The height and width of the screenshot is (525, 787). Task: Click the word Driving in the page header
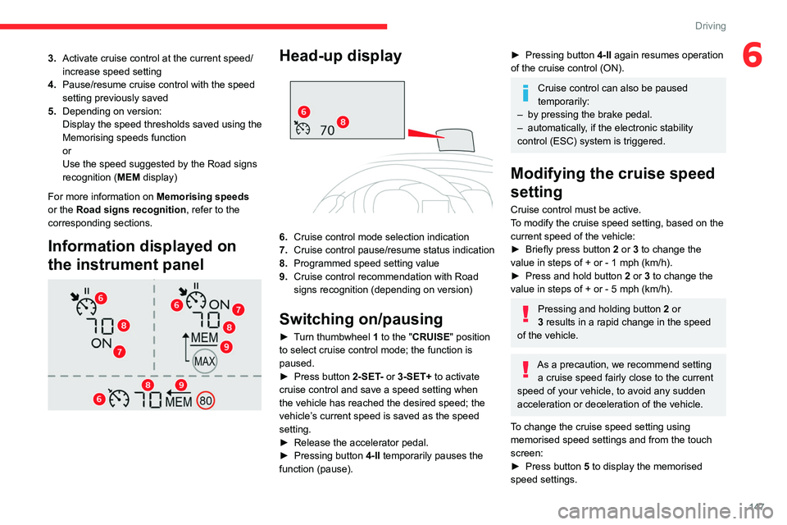710,26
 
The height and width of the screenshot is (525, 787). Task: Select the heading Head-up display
340,56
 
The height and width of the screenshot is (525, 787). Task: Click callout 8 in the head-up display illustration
342,122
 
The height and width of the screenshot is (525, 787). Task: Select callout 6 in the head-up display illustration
303,112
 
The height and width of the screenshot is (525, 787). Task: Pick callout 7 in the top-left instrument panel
120,352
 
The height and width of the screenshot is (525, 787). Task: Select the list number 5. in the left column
52,111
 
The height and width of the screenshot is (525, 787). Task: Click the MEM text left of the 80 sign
180,402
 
